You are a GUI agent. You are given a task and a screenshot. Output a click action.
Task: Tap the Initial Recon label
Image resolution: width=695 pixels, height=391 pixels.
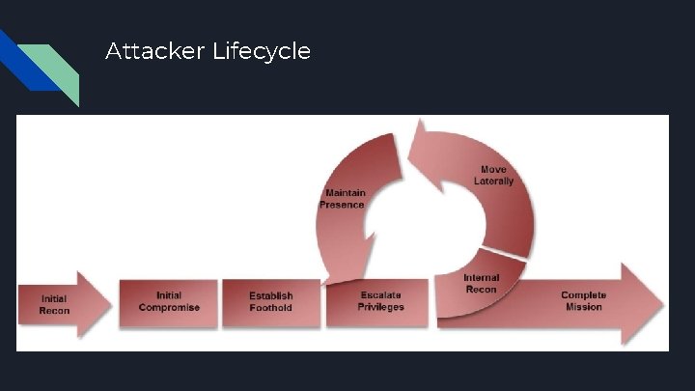(54, 304)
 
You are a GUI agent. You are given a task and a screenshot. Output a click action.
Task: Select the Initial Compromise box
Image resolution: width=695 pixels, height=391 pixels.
(169, 302)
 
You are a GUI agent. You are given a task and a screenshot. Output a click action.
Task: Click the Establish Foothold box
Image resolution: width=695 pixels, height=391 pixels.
(271, 302)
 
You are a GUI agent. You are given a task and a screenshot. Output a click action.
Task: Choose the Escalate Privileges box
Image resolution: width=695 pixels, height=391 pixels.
(380, 301)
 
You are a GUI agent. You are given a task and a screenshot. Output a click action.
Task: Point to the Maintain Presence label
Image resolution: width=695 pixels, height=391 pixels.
(345, 199)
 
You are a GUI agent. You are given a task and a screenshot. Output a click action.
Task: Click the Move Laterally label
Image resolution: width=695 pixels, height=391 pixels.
(493, 176)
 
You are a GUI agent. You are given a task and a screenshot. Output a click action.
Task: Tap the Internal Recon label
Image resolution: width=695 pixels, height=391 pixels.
(481, 284)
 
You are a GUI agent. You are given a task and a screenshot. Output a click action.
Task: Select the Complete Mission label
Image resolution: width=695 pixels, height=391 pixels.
(583, 301)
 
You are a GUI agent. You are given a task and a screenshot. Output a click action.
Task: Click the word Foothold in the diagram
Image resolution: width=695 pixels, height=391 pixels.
(271, 308)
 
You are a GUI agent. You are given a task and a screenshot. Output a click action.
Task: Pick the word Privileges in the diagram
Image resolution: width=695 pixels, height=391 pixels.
(380, 307)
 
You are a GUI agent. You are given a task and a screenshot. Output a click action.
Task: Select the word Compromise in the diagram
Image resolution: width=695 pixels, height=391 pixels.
(169, 308)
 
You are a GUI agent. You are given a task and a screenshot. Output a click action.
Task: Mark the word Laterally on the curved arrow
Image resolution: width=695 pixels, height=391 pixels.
(493, 182)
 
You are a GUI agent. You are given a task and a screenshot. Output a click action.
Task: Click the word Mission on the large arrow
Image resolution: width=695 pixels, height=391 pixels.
(583, 307)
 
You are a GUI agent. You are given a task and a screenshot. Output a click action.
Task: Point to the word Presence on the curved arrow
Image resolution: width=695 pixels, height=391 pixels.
(343, 205)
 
